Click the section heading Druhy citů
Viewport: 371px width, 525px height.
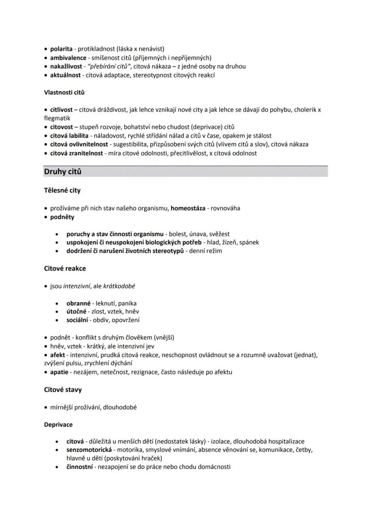[63, 172]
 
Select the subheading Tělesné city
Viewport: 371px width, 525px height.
[62, 191]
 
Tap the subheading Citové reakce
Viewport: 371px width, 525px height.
[65, 269]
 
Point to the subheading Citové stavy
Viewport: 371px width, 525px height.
[63, 390]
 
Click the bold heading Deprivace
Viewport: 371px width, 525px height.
[58, 425]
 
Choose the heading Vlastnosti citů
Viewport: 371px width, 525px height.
[64, 93]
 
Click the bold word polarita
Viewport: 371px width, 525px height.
[61, 49]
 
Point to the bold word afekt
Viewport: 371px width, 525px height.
[57, 355]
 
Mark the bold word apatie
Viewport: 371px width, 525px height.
[59, 372]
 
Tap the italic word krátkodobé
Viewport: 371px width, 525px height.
[119, 286]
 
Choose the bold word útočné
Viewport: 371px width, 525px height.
[76, 312]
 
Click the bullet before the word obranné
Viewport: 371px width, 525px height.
[56, 304]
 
